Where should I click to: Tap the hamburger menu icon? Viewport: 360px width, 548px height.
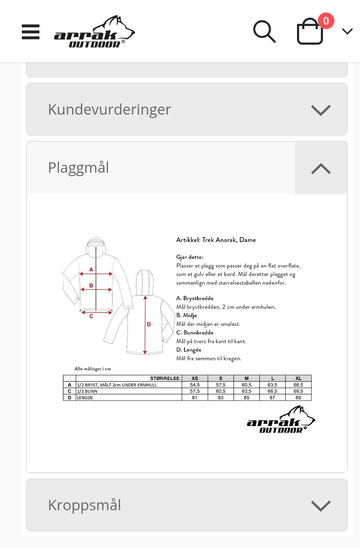(x=31, y=32)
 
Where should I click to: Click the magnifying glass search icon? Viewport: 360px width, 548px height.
(x=264, y=32)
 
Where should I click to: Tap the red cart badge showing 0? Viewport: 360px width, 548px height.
(x=326, y=21)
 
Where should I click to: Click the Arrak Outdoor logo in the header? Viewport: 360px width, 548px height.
(x=94, y=32)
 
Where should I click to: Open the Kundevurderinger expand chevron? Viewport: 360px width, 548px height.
(x=321, y=110)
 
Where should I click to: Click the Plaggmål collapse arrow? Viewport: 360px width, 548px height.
(x=321, y=168)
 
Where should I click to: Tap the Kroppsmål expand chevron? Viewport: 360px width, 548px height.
(x=321, y=506)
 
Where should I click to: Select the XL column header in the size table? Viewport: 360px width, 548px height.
(x=298, y=378)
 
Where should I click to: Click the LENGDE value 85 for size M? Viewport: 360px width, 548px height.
(x=246, y=398)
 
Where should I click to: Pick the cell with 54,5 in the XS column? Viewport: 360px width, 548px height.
(x=195, y=385)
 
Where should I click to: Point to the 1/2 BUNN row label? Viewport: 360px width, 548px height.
(x=87, y=391)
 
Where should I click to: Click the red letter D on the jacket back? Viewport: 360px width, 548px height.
(x=149, y=324)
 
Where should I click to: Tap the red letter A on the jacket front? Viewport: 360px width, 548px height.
(x=91, y=269)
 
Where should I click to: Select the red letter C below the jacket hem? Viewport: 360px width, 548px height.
(x=91, y=316)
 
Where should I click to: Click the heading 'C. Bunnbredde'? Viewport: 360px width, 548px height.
(x=195, y=333)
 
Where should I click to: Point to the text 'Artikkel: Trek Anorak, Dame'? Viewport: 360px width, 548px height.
(x=216, y=240)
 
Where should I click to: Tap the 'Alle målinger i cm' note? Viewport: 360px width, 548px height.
(x=93, y=369)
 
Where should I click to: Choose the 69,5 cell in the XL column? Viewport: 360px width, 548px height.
(x=298, y=391)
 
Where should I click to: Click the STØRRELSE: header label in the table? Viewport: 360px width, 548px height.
(x=165, y=378)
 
